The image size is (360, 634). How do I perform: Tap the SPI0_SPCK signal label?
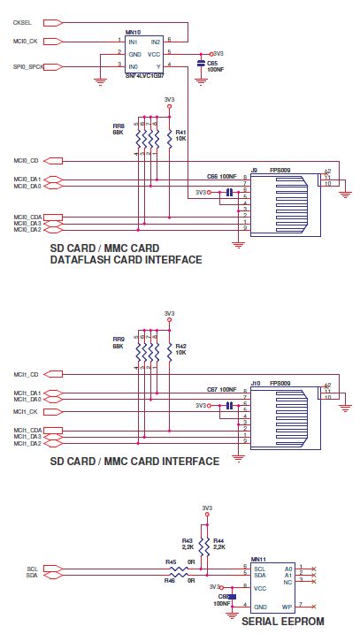point(27,66)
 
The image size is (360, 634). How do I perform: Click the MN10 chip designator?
point(130,34)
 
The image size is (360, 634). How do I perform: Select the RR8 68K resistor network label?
point(118,129)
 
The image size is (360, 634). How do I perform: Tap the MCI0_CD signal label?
point(26,161)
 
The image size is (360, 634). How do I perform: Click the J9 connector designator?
point(254,170)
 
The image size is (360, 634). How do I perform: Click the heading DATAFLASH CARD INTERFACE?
point(126,259)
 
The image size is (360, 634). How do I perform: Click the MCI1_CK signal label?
point(26,412)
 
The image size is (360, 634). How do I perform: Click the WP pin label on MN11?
point(286,607)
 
